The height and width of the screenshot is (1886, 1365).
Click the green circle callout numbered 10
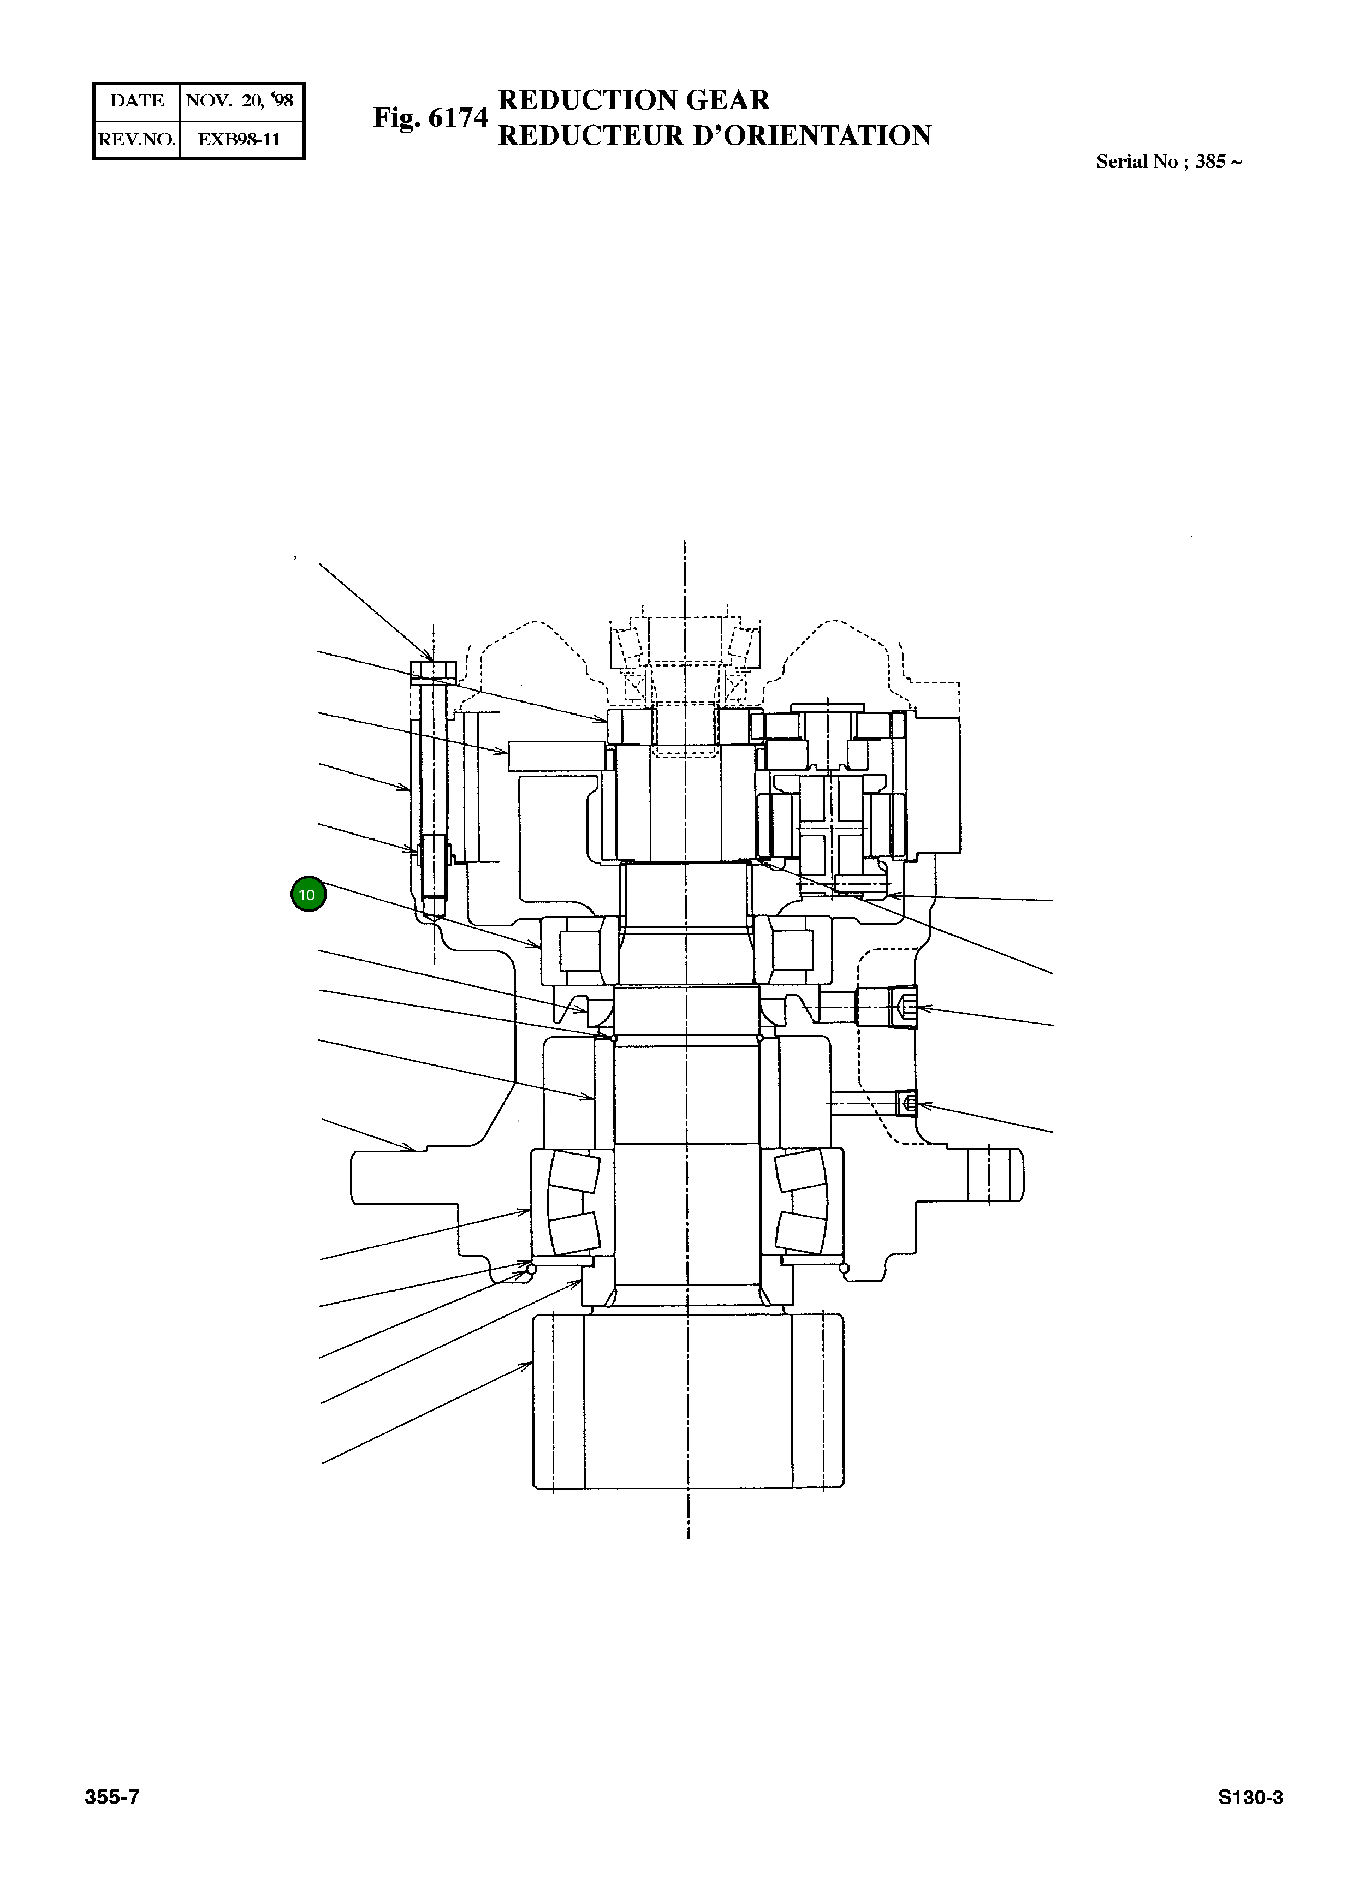pos(308,895)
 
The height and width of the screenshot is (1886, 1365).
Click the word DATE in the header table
pos(137,100)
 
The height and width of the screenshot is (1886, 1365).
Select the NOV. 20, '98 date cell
pos(240,100)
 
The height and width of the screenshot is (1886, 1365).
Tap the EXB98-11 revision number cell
pos(240,139)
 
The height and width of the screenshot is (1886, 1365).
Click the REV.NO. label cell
pos(137,139)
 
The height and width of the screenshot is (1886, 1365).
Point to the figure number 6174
pos(458,117)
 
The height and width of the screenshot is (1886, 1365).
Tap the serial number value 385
pos(1210,162)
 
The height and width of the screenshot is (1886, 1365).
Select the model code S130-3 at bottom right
pos(1250,1820)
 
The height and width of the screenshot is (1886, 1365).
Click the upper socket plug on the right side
pos(903,1007)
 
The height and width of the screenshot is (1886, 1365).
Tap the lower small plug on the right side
pos(909,1104)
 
